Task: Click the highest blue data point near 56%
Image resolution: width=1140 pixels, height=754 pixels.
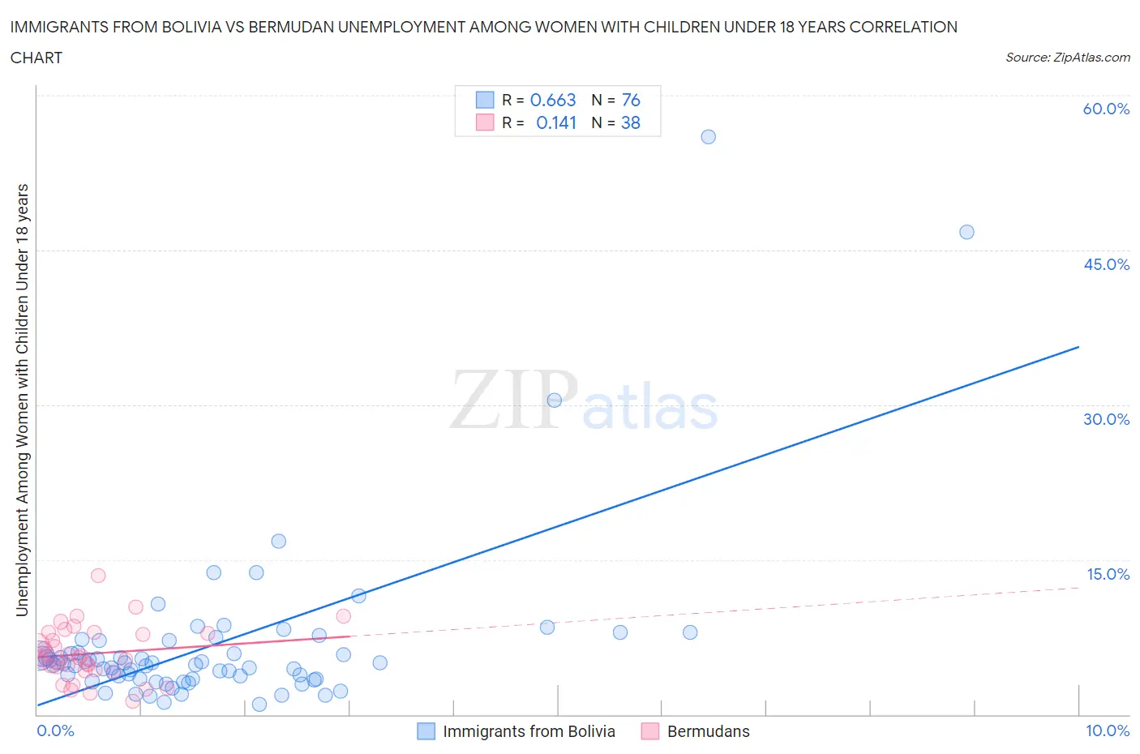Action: point(708,137)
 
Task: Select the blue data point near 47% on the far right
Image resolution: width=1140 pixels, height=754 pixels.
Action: point(966,232)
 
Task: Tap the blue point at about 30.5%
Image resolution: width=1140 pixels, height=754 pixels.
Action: point(555,400)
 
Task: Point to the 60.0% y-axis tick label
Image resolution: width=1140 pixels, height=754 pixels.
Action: point(1106,109)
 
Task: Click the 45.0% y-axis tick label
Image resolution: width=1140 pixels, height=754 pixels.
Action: point(1106,264)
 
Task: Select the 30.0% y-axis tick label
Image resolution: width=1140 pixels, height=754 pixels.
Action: point(1106,419)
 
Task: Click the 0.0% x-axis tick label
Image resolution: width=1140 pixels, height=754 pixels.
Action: point(55,730)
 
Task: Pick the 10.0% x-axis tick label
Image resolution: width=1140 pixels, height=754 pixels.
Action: point(1108,730)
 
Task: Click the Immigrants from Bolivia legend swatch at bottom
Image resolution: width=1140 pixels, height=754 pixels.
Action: point(426,731)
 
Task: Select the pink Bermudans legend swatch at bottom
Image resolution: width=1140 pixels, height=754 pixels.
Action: point(649,731)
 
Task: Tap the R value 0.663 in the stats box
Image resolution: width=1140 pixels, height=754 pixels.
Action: point(553,100)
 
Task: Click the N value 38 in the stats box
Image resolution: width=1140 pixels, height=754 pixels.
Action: point(630,122)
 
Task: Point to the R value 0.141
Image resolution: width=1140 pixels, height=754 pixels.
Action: point(556,122)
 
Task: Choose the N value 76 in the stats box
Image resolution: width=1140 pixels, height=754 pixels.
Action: point(631,100)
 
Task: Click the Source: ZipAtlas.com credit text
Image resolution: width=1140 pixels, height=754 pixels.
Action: point(1067,58)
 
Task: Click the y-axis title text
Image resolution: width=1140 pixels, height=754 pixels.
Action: point(22,400)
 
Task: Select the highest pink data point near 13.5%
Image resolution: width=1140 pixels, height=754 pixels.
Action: point(98,576)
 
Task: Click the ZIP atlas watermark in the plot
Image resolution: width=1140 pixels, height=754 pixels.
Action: point(584,401)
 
